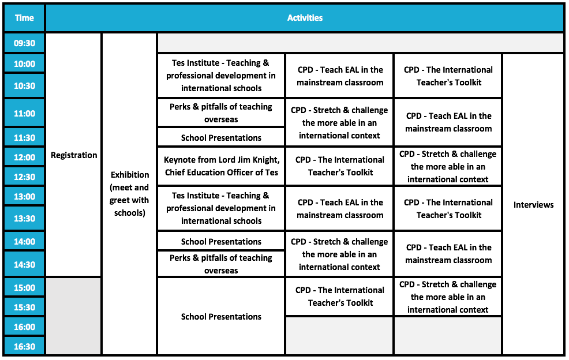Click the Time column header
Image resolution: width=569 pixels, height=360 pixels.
(x=24, y=18)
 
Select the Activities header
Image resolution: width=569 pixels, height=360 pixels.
(x=305, y=18)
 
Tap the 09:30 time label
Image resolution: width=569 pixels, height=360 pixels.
(x=24, y=43)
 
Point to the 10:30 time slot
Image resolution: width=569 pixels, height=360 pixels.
(x=24, y=86)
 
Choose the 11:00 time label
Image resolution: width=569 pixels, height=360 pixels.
(x=24, y=114)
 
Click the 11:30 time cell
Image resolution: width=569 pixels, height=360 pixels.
(x=24, y=138)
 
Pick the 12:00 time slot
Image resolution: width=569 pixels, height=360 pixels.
(x=24, y=157)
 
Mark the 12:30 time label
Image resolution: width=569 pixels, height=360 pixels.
(x=24, y=177)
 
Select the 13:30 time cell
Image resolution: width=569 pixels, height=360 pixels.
(x=24, y=219)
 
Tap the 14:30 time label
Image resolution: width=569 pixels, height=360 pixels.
(x=24, y=265)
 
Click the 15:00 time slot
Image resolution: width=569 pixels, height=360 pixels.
(x=24, y=288)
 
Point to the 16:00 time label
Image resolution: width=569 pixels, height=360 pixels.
(x=24, y=327)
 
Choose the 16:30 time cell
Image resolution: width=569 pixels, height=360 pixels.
(x=24, y=347)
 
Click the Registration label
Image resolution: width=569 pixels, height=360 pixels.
(x=74, y=155)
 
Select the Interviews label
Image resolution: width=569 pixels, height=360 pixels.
(x=533, y=205)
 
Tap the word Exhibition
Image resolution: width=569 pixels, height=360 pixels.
(x=130, y=175)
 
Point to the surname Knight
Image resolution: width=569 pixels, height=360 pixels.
(x=265, y=160)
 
